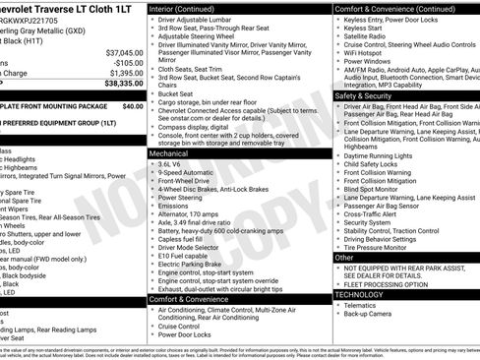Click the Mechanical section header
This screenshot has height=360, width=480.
[173, 153]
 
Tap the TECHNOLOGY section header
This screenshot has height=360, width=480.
[360, 294]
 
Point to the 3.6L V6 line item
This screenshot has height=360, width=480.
[170, 165]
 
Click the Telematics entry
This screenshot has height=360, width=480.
[363, 305]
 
